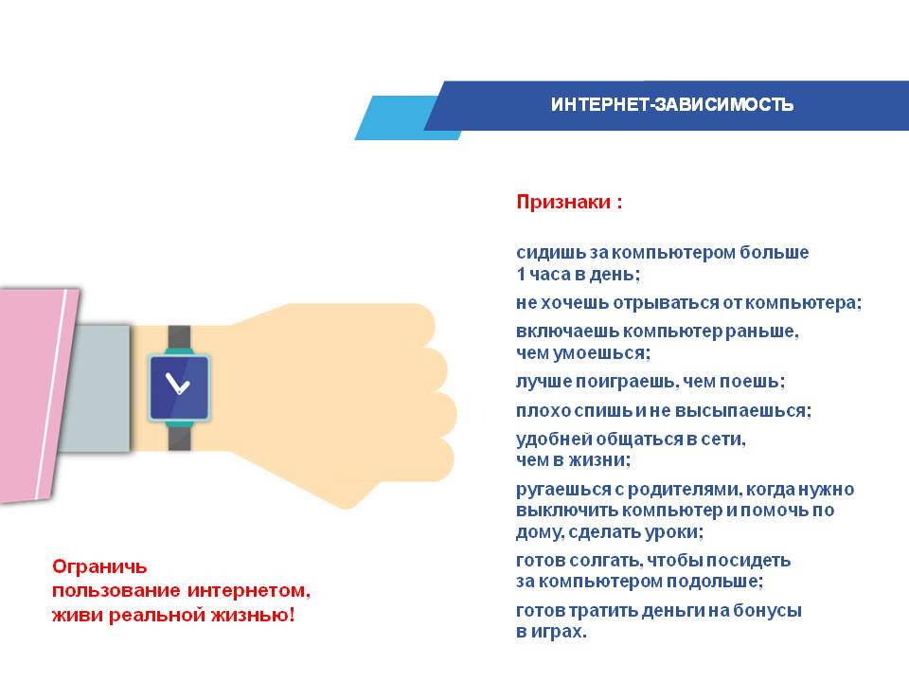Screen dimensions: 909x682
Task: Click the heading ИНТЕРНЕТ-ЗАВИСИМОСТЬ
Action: click(x=672, y=104)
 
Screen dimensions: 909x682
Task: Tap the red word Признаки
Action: click(x=563, y=202)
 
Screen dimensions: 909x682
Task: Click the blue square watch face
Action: click(x=179, y=386)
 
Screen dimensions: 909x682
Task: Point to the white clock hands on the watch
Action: click(x=177, y=384)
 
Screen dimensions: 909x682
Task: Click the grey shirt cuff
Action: click(x=96, y=388)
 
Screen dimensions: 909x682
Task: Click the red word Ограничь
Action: click(x=99, y=566)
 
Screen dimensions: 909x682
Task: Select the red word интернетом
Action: click(x=249, y=590)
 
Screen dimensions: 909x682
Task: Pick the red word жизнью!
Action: click(x=253, y=615)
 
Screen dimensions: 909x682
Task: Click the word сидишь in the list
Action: click(x=551, y=253)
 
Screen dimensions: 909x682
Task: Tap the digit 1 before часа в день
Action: click(x=521, y=274)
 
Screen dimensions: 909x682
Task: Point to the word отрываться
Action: click(x=666, y=303)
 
